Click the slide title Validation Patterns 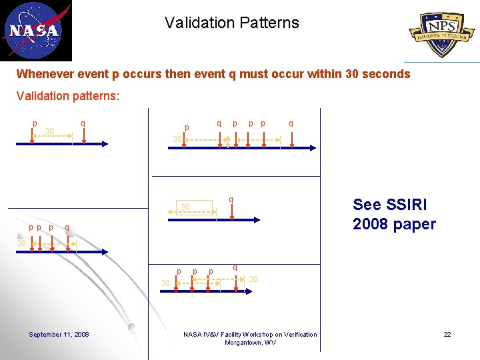(x=232, y=23)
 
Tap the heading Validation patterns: (x=68, y=96)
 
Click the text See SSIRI (x=389, y=205)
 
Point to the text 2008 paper (x=394, y=224)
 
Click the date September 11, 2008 (x=59, y=334)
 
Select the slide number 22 (x=447, y=334)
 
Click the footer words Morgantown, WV (x=250, y=343)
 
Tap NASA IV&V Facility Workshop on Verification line (x=250, y=334)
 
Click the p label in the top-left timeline (x=35, y=123)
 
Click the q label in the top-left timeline (x=82, y=123)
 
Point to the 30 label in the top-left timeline (x=49, y=130)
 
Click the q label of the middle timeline (x=231, y=199)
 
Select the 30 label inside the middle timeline (x=186, y=207)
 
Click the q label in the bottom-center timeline (x=235, y=267)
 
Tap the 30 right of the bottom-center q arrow (x=253, y=279)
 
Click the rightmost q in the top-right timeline (x=291, y=123)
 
